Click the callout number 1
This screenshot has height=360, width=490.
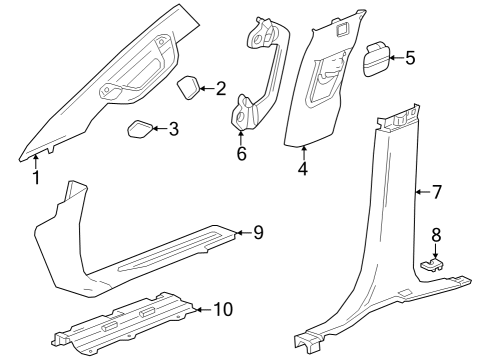(35, 179)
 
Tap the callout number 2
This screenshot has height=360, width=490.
(221, 89)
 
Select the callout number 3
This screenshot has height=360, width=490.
(173, 129)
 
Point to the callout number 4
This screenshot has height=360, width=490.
(303, 169)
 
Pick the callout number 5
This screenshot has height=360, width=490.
(409, 58)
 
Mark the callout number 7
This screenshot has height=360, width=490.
(435, 190)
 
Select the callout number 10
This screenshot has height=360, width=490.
(222, 309)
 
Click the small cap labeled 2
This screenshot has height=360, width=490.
(190, 88)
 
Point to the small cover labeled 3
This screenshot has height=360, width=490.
(140, 128)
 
